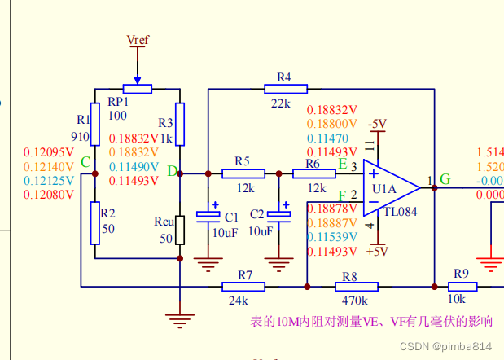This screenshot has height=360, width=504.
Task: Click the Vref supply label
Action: pos(138,39)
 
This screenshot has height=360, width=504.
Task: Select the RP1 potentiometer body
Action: pos(138,88)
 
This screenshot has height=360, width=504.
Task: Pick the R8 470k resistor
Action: pos(356,287)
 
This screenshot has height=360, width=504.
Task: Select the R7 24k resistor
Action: pos(243,287)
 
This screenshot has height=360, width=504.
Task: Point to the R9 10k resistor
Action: pos(462,287)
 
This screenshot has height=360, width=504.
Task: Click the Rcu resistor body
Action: pos(179,230)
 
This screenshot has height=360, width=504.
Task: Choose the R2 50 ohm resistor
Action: pos(94,222)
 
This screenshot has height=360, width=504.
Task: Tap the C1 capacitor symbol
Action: pos(211,216)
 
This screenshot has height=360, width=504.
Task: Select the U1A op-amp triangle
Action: pos(389,188)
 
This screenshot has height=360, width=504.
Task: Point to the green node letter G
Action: pos(445,179)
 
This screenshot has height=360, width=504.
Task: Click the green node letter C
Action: pos(85,163)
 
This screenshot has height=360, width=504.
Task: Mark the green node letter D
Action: pos(172,171)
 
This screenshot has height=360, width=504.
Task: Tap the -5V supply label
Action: pos(377,124)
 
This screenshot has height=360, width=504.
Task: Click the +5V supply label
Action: pos(377,252)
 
